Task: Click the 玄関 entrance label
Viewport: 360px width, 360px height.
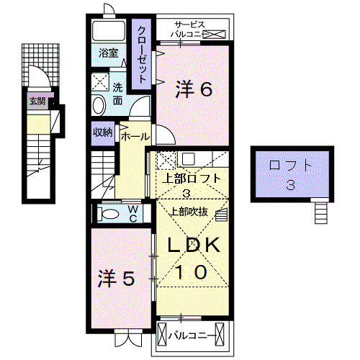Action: [37, 102]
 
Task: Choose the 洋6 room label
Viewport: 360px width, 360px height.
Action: [193, 89]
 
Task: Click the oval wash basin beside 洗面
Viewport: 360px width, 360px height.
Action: [99, 105]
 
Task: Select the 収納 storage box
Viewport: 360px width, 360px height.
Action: [102, 132]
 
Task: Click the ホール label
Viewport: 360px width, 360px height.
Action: [135, 136]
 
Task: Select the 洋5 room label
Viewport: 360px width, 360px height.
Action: [117, 278]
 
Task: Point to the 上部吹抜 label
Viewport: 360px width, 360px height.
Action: [189, 212]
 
